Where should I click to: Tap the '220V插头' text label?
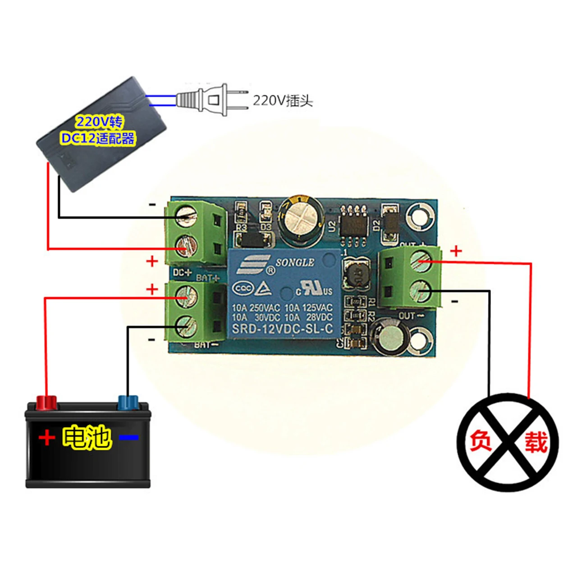(282, 100)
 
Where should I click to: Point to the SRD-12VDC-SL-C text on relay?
(283, 329)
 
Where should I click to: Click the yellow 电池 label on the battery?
(87, 437)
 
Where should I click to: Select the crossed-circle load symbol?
(508, 442)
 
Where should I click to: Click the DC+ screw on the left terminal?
(186, 247)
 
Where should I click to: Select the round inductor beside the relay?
(357, 275)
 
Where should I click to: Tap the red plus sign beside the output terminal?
(456, 251)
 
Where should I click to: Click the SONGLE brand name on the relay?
(295, 262)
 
